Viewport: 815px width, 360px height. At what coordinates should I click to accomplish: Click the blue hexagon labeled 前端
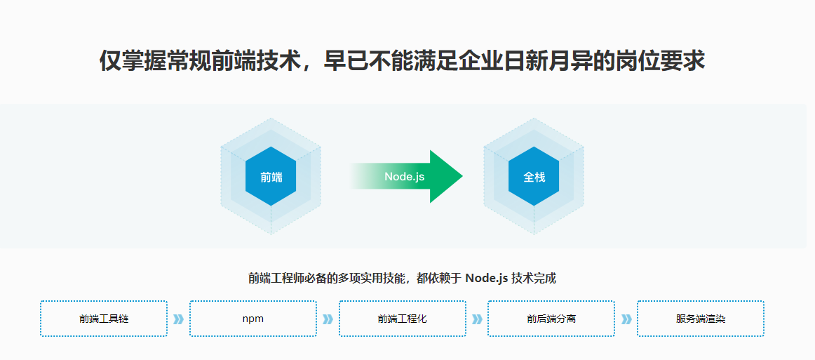point(271,177)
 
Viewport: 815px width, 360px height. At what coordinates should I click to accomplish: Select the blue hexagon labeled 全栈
point(534,177)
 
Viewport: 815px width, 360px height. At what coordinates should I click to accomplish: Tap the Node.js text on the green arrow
point(404,177)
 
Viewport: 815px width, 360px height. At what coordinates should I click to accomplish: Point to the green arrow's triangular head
point(445,176)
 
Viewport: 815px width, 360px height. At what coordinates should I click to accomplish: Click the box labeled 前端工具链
point(104,319)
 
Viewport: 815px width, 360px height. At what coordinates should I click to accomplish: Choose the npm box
point(252,319)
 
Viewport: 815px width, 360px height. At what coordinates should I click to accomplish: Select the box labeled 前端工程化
point(402,319)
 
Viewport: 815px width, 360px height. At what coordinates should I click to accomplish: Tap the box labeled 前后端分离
point(551,319)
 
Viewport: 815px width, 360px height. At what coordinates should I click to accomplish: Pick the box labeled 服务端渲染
point(700,319)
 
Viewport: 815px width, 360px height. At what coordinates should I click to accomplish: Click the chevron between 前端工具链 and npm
point(178,319)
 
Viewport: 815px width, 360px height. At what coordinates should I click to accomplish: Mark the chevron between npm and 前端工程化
point(328,319)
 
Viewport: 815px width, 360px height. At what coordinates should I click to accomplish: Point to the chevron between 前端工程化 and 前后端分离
point(477,319)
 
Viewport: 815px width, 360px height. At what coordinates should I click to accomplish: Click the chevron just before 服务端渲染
point(626,319)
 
